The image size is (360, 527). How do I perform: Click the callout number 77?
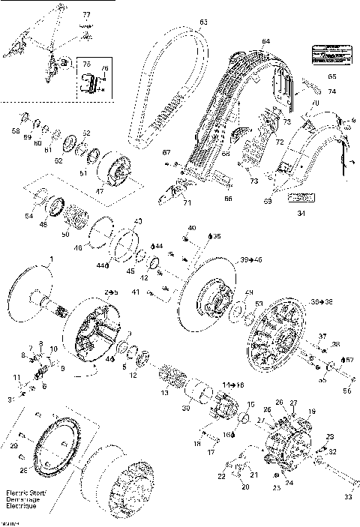pos(85,15)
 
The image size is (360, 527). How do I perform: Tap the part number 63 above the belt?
pos(203,22)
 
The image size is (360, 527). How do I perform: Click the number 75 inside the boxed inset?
pos(85,65)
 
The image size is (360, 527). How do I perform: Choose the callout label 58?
pos(16,131)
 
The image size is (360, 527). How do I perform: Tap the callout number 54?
pos(28,217)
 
